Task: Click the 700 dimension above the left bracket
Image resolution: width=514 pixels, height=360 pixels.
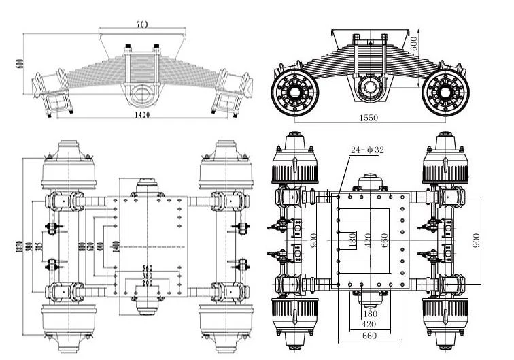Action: point(141,24)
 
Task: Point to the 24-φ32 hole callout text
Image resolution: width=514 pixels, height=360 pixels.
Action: point(367,150)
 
